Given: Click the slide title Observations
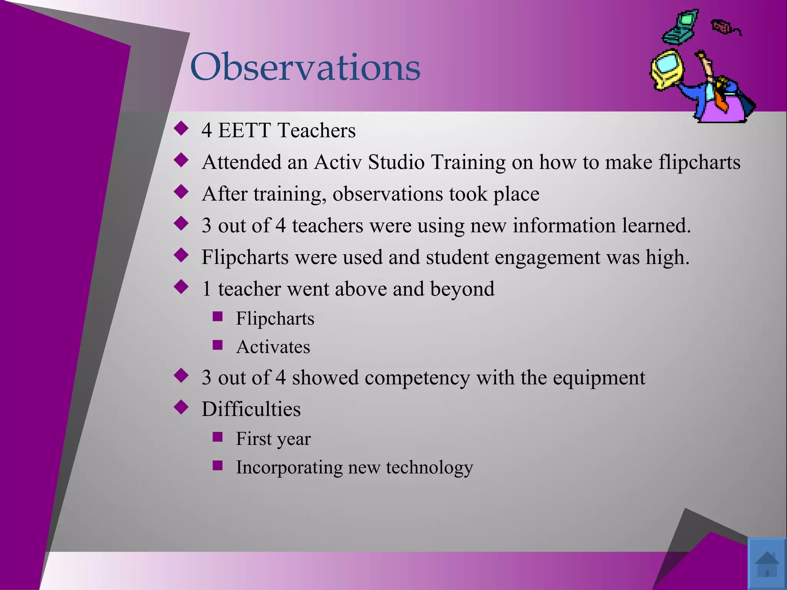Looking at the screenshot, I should tap(305, 67).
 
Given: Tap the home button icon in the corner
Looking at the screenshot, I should tap(767, 563).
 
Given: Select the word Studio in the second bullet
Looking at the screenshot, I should tap(396, 162).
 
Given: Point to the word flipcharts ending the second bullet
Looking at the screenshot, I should tap(699, 162).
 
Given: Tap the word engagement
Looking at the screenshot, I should tap(548, 257).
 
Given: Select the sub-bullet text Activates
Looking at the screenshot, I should tap(273, 347).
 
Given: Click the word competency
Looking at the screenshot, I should tap(417, 378).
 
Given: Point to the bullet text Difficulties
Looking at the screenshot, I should tap(251, 409).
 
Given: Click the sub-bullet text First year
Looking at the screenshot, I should tap(273, 439).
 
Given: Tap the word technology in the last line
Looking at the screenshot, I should tap(429, 468).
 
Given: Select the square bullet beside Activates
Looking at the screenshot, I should tap(218, 345).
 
